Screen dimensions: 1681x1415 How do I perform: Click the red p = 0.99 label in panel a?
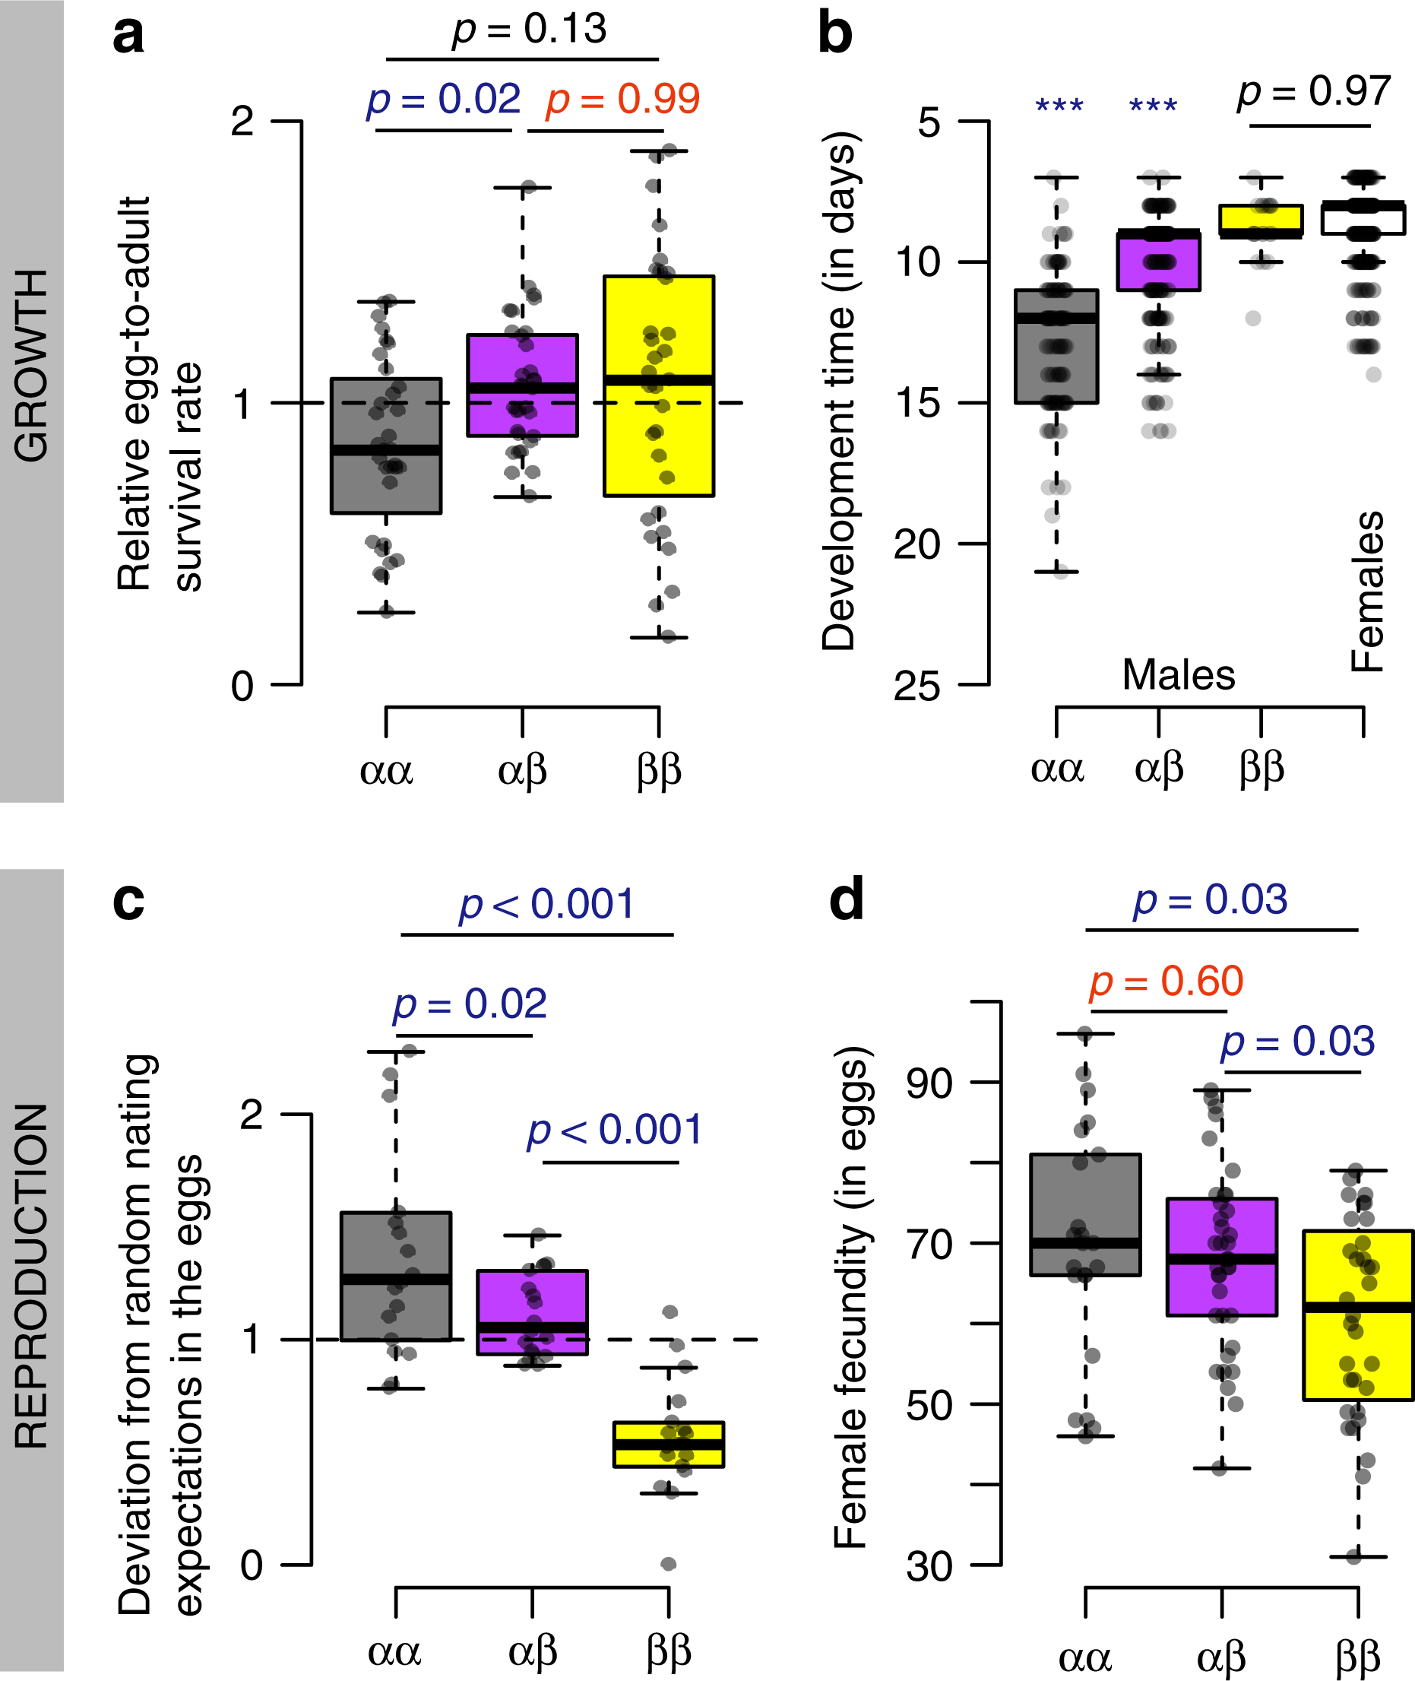click(622, 100)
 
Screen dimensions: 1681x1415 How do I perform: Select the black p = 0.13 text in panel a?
click(530, 30)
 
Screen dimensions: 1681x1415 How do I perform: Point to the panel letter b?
click(834, 33)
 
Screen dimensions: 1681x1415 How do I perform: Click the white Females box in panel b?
click(1363, 218)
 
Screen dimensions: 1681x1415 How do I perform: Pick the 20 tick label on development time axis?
click(916, 545)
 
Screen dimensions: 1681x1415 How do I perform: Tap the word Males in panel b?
click(1178, 675)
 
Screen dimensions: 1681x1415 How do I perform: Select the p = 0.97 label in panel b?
click(1313, 90)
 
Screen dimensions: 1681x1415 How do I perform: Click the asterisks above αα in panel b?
click(1059, 105)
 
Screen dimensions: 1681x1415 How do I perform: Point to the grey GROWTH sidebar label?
click(32, 365)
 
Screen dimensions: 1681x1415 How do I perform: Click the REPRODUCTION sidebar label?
click(32, 1276)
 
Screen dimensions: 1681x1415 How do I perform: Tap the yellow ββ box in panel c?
click(668, 1445)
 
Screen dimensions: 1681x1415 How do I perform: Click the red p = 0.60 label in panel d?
click(1166, 981)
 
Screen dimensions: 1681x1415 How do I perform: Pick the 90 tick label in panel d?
click(929, 1083)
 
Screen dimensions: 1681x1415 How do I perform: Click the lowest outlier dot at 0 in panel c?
click(668, 1563)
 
